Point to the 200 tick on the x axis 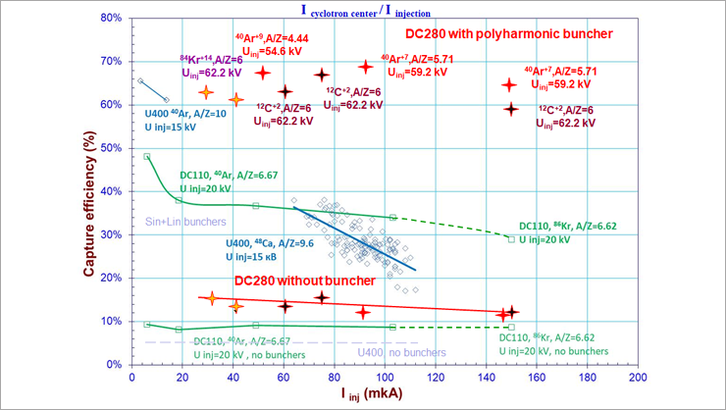click(x=638, y=376)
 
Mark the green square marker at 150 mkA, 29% click(x=511, y=238)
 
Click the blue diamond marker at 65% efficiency click(x=141, y=81)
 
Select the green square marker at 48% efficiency click(x=146, y=156)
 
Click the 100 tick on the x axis click(x=385, y=376)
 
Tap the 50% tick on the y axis click(x=112, y=147)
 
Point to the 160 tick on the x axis click(x=537, y=376)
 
